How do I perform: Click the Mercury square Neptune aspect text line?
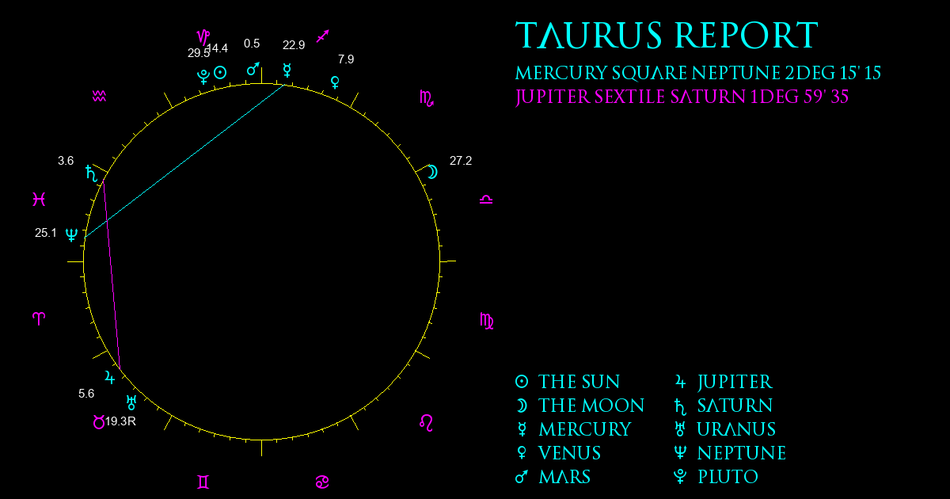pyautogui.click(x=698, y=73)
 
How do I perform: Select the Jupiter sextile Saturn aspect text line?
pyautogui.click(x=682, y=97)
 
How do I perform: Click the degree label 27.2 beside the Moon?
pyautogui.click(x=461, y=161)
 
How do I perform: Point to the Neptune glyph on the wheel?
pyautogui.click(x=72, y=234)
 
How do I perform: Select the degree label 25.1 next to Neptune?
pyautogui.click(x=45, y=233)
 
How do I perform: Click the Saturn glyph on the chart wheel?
pyautogui.click(x=91, y=173)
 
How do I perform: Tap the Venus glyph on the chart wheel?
pyautogui.click(x=335, y=82)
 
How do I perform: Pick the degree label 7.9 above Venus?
pyautogui.click(x=346, y=59)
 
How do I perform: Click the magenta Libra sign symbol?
pyautogui.click(x=486, y=200)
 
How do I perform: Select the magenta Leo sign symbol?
pyautogui.click(x=426, y=423)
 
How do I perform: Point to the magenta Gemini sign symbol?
pyautogui.click(x=203, y=482)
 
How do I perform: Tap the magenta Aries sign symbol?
pyautogui.click(x=39, y=318)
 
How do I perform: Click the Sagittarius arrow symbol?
pyautogui.click(x=323, y=36)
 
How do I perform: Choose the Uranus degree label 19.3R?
pyautogui.click(x=120, y=421)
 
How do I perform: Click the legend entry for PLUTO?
pyautogui.click(x=716, y=477)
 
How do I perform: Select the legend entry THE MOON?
pyautogui.click(x=579, y=406)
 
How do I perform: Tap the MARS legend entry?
pyautogui.click(x=553, y=477)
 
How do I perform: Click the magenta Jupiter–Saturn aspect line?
pyautogui.click(x=112, y=275)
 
